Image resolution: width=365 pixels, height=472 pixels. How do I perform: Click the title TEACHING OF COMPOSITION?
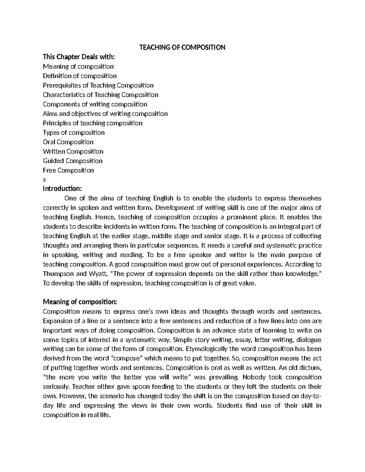pyautogui.click(x=182, y=47)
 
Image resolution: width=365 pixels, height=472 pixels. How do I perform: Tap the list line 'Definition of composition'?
pyautogui.click(x=80, y=76)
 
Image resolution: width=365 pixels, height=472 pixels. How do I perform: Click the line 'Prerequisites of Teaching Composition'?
pyautogui.click(x=98, y=85)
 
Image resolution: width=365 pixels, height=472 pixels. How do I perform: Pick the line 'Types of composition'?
pyautogui.click(x=74, y=132)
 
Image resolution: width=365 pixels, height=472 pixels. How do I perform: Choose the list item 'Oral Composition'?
pyautogui.click(x=68, y=142)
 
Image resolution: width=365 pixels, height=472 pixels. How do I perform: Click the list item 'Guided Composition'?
pyautogui.click(x=73, y=161)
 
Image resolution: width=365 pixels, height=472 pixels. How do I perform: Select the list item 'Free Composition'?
pyautogui.click(x=68, y=170)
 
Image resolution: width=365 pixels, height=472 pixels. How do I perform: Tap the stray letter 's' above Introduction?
pyautogui.click(x=44, y=180)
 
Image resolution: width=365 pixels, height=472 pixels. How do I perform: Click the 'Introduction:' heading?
pyautogui.click(x=62, y=189)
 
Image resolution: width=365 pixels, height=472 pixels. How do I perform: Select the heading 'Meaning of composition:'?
pyautogui.click(x=80, y=302)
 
